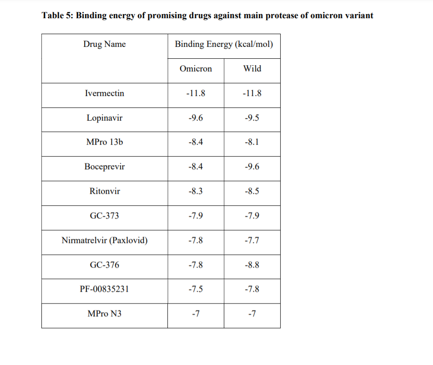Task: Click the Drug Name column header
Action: pos(105,44)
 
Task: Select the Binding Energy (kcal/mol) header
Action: pos(224,44)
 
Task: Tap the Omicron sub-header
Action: pos(196,69)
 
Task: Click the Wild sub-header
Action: pos(252,69)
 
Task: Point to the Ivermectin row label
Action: pos(105,93)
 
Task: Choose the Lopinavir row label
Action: pos(105,118)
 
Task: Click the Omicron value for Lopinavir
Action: pos(196,118)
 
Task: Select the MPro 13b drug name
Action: pos(105,142)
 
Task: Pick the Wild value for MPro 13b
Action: pos(252,142)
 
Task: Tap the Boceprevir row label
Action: pos(105,167)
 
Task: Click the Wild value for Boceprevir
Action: pos(252,167)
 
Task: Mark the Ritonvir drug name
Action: pos(105,191)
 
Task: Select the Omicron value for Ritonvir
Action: pos(196,191)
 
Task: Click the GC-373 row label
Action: pos(105,216)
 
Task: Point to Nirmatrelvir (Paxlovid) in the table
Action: pos(105,240)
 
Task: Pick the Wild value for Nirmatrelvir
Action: pos(252,240)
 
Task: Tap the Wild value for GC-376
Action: pos(252,265)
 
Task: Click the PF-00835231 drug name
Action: pos(105,289)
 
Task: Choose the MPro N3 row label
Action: pos(105,314)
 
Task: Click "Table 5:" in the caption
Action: pos(58,16)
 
